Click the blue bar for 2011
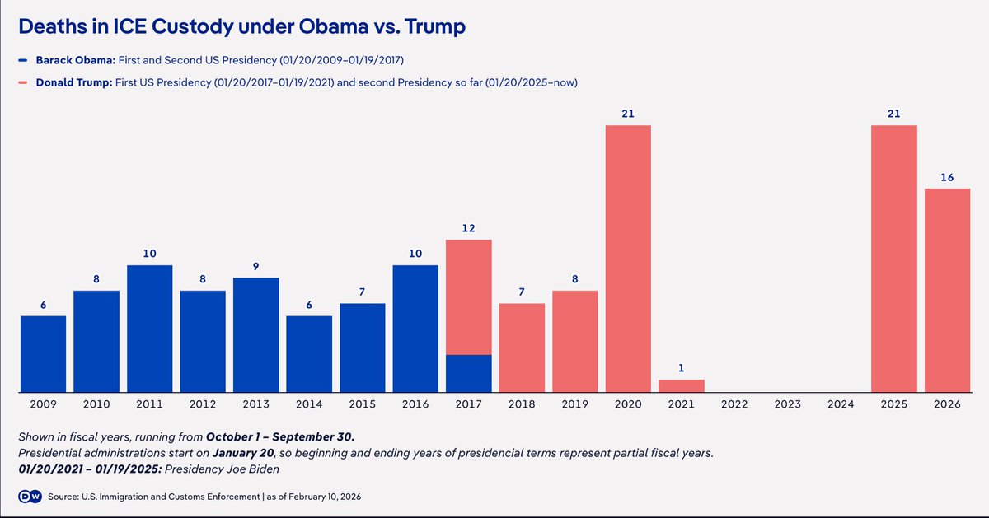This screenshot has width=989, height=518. (150, 329)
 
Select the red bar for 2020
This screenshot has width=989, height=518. (628, 259)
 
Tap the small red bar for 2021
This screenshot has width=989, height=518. (682, 386)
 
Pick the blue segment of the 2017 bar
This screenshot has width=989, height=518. (468, 373)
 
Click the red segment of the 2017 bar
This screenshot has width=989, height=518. (468, 297)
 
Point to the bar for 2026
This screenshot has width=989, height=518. (947, 291)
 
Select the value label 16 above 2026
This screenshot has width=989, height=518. (947, 177)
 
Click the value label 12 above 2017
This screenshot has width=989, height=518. (468, 228)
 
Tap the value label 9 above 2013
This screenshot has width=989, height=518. (255, 267)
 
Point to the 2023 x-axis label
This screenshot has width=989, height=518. (787, 404)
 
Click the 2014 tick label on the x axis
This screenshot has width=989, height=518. (309, 404)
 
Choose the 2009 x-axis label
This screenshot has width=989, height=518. (43, 404)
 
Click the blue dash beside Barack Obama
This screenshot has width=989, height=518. (23, 60)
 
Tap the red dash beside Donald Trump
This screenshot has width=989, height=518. (23, 82)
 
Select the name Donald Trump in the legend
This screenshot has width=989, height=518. (74, 82)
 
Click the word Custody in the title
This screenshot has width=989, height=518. (192, 26)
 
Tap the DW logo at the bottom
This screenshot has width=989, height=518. (30, 497)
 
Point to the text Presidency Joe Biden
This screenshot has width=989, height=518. (222, 469)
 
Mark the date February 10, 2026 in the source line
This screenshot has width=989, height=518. (325, 497)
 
